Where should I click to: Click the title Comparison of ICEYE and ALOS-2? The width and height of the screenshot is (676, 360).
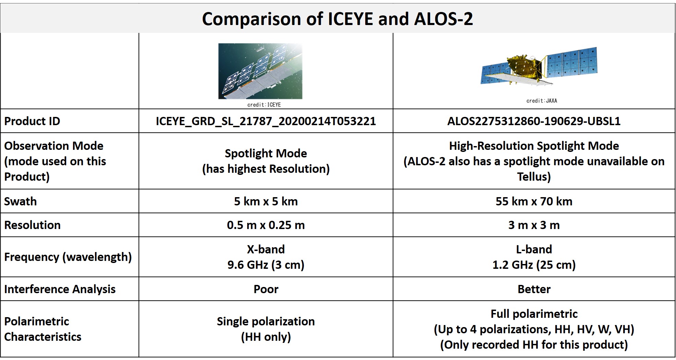coord(337,19)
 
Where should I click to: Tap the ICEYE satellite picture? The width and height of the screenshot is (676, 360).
coord(260,71)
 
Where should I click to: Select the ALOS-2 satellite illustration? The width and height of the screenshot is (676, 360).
coord(539,66)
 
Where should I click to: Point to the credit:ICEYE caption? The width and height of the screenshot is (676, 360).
coord(264,105)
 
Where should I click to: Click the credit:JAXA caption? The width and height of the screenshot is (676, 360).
coord(542,100)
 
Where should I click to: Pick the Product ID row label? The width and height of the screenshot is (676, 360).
coord(32,121)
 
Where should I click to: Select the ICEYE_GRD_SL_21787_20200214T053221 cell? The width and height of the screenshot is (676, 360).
coord(266,121)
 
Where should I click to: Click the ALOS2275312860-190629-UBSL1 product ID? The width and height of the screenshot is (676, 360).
coord(534,121)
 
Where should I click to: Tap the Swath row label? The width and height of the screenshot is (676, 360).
coord(20,201)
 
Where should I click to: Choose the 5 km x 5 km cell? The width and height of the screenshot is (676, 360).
coord(266,201)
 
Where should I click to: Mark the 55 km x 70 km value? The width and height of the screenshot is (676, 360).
coord(534,201)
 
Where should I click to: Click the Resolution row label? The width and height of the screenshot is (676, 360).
coord(32,225)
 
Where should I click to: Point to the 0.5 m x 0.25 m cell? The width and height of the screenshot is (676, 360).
coord(266,225)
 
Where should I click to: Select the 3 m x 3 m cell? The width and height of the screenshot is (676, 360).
coord(534,225)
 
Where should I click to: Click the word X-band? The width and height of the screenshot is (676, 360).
coord(266,249)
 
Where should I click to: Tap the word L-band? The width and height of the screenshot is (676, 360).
coord(534,249)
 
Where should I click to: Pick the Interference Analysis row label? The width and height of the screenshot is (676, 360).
coord(60,289)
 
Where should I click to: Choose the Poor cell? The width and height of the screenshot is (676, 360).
coord(266,289)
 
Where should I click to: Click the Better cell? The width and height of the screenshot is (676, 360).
coord(534,289)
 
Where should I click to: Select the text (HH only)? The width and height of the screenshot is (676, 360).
coord(266,337)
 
